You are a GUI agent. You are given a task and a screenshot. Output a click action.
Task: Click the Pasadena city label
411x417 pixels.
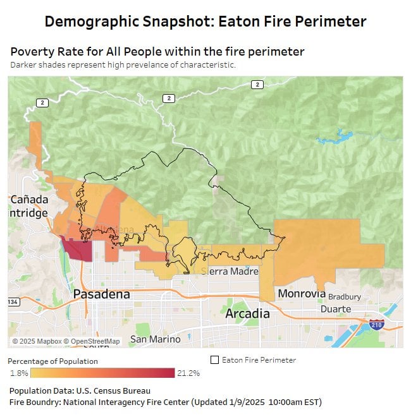[x=101, y=294]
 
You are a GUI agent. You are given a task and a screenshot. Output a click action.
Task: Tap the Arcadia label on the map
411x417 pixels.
[x=248, y=314]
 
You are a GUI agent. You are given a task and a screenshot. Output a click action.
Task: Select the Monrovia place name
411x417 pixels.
[x=302, y=294]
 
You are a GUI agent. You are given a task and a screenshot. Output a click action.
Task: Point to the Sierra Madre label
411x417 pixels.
[x=230, y=271]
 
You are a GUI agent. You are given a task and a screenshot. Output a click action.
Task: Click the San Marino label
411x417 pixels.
[x=155, y=339]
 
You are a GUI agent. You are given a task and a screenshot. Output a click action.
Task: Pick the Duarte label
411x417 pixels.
[x=336, y=309]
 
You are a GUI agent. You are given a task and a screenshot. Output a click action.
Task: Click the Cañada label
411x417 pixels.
[x=29, y=200]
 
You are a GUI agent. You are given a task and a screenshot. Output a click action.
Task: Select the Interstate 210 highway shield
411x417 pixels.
[x=376, y=324]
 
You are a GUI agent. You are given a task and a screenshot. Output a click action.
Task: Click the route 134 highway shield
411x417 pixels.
[x=13, y=302]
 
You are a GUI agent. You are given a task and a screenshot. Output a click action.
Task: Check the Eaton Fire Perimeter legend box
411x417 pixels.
[x=214, y=360]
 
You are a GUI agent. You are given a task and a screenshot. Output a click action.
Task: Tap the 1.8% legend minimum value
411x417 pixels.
[x=19, y=373]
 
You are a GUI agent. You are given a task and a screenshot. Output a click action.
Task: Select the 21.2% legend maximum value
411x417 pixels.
[x=188, y=373]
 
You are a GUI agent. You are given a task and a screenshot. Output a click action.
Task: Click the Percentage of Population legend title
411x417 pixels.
[x=52, y=361]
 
